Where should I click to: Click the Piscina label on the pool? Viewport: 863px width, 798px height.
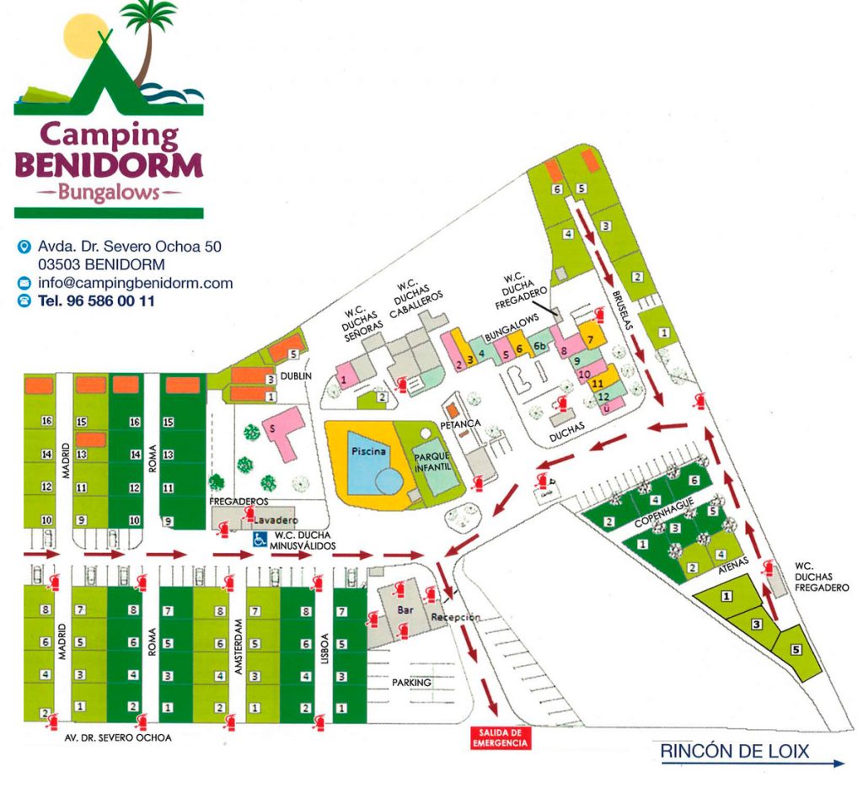click(x=369, y=452)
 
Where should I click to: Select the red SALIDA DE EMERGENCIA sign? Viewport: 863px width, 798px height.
click(x=500, y=738)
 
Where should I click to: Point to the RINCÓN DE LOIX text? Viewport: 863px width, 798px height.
click(x=733, y=749)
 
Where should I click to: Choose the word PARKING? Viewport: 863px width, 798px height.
click(x=411, y=682)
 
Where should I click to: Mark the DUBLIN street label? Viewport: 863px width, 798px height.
click(x=297, y=376)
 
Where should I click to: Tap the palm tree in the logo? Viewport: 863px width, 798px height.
click(x=150, y=34)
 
